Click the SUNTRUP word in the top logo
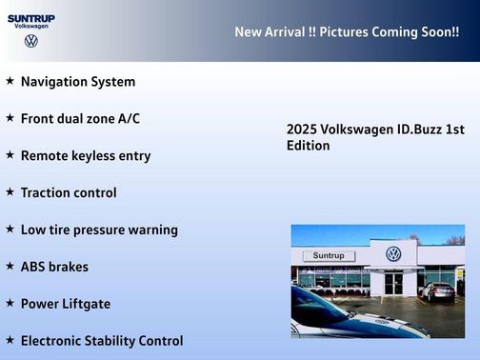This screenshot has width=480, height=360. [x=30, y=17]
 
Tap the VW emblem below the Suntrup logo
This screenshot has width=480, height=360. [x=31, y=41]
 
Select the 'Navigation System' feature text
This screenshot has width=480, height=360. [x=78, y=82]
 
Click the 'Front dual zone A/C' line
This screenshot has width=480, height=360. [x=80, y=118]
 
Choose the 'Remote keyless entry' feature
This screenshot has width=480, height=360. [x=86, y=155]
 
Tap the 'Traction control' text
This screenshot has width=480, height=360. [x=69, y=192]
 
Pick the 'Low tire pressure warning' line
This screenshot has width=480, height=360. [x=99, y=230]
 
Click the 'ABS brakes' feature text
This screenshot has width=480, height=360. [x=54, y=267]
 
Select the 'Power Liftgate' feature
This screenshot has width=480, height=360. [x=66, y=304]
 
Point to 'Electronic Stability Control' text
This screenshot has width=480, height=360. [x=102, y=340]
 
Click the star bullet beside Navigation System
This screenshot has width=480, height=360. [x=10, y=81]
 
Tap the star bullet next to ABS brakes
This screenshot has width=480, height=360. [x=10, y=266]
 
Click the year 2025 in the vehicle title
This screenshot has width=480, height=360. [x=301, y=130]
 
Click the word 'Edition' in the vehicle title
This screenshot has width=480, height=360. [x=309, y=146]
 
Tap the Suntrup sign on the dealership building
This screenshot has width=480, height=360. [x=329, y=256]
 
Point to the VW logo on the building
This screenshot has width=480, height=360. [x=393, y=254]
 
